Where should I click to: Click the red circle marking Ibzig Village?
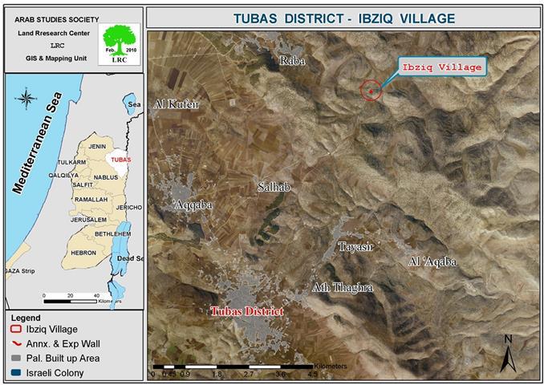click(x=371, y=90)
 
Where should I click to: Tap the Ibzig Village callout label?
click(x=442, y=67)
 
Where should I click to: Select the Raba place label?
click(x=290, y=60)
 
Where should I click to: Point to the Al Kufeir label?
click(x=176, y=103)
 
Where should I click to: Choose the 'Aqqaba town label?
click(x=193, y=205)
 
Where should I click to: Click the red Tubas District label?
click(x=246, y=311)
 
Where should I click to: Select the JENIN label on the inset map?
click(x=97, y=147)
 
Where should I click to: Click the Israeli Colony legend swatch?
click(x=15, y=373)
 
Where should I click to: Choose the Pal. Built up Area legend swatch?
click(x=15, y=358)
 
